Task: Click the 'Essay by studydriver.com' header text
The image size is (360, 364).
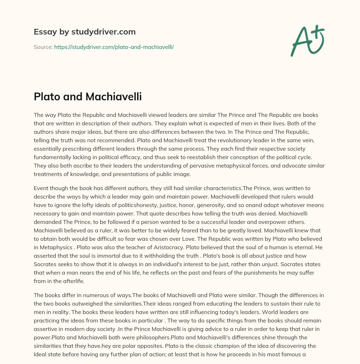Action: click(x=84, y=32)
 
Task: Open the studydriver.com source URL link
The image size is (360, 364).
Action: click(x=114, y=46)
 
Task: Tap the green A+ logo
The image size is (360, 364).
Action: click(x=307, y=40)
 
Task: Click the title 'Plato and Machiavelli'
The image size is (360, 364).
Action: click(x=88, y=96)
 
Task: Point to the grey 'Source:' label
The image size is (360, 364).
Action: click(x=43, y=46)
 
